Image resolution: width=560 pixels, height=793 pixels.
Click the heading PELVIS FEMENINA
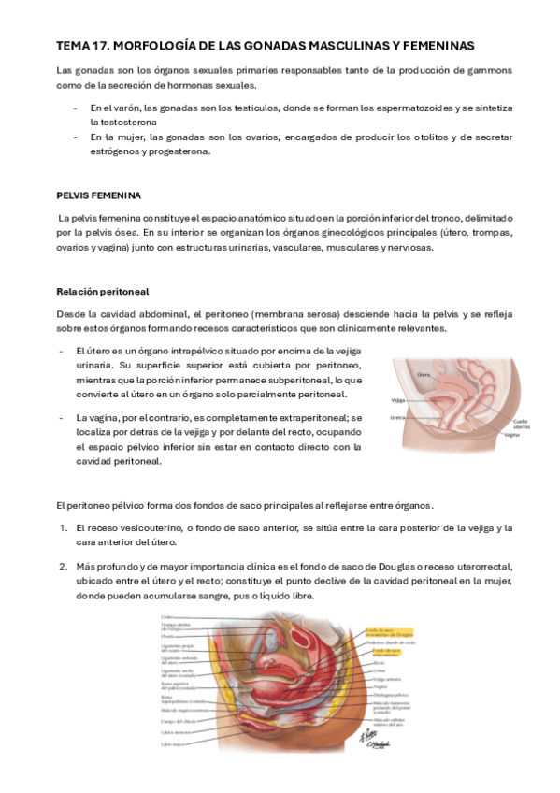pos(98,195)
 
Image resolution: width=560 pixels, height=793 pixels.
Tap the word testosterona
pos(124,122)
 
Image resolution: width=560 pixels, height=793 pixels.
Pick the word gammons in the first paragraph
pos(488,70)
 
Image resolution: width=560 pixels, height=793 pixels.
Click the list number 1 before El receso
pos(63,528)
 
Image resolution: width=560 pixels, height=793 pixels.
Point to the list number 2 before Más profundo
pos(63,567)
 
